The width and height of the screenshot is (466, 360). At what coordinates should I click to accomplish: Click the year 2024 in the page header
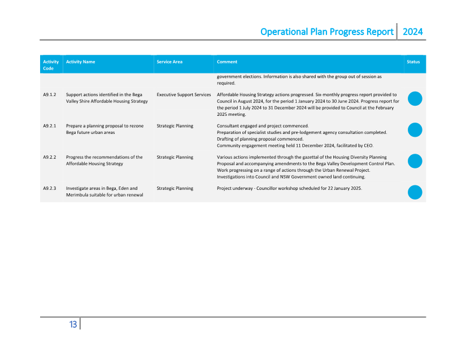pos(412,32)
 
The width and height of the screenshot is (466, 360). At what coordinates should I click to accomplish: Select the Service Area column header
pos(169,62)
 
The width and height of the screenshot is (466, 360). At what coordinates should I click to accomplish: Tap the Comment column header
pos(227,62)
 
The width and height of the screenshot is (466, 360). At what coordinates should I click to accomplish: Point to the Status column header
pos(413,62)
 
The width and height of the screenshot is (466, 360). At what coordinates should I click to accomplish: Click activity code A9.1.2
pos(49,94)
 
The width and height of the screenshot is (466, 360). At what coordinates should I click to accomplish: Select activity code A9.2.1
pos(49,125)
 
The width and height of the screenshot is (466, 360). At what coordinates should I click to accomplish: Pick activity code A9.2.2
pos(49,157)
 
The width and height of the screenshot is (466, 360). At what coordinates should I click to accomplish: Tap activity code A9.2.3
pos(49,188)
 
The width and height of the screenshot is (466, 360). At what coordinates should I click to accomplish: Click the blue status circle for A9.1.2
pos(415,99)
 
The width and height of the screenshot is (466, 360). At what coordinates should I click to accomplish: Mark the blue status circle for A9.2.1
pos(415,130)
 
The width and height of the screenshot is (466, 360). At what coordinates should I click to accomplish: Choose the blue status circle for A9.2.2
pos(415,161)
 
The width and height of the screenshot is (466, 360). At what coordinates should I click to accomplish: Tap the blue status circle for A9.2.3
pos(415,192)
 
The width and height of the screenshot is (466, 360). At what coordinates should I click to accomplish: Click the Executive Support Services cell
pos(184,94)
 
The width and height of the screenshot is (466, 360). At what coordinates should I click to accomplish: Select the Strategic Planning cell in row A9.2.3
pos(175,188)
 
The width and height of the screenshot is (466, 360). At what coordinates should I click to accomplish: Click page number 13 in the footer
pos(73,324)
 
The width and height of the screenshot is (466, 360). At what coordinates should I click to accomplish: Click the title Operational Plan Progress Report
pos(326,32)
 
